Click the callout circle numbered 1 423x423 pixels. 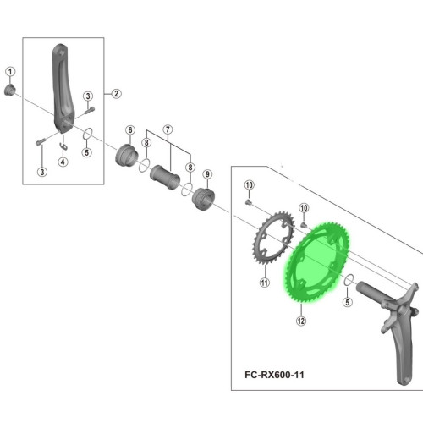[10, 72]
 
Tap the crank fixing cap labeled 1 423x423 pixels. [9, 90]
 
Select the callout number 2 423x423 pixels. [116, 94]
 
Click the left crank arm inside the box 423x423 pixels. [62, 88]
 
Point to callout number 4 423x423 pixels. [63, 162]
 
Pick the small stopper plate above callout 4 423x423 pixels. [64, 146]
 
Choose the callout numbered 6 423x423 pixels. [130, 130]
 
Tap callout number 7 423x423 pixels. [168, 129]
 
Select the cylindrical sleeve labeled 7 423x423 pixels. [165, 178]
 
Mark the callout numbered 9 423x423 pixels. [207, 174]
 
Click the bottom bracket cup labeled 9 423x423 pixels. [203, 199]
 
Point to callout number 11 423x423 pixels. [265, 283]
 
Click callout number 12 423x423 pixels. [301, 321]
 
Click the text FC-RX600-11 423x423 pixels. [274, 375]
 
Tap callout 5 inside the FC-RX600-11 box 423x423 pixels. [348, 302]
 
